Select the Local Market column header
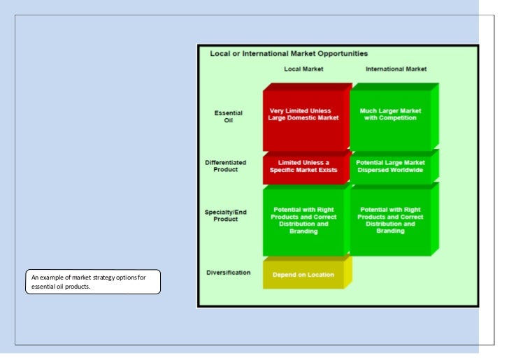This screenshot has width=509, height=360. click(x=303, y=69)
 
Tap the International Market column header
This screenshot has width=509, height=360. click(x=396, y=69)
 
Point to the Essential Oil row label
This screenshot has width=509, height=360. click(x=227, y=116)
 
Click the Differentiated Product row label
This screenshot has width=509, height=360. click(x=225, y=166)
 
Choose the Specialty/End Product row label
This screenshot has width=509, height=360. click(x=225, y=215)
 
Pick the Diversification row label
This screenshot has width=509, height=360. click(x=228, y=272)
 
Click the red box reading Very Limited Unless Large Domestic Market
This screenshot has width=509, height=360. click(x=303, y=117)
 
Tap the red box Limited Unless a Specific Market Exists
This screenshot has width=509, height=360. click(x=303, y=166)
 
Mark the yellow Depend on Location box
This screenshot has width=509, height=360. click(x=303, y=275)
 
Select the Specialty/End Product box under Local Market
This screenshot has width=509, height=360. click(x=303, y=221)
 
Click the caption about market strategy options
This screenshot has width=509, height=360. click(x=92, y=282)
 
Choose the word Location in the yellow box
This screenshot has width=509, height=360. click(x=320, y=275)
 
